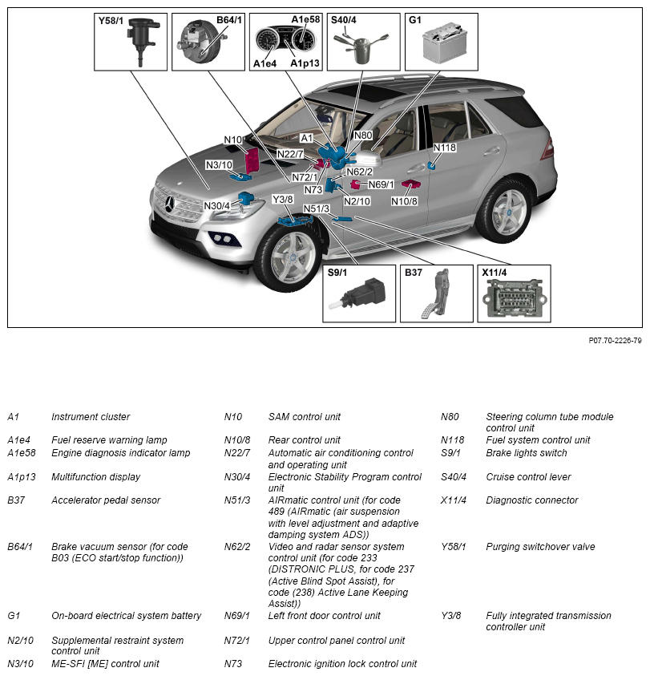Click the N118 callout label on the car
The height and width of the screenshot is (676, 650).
pos(445,148)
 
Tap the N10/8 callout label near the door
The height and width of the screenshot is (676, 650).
pos(405,200)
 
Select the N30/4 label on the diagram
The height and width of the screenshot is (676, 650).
pos(217,206)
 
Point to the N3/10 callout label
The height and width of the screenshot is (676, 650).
pos(219,165)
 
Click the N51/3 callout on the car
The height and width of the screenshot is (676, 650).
pos(317,209)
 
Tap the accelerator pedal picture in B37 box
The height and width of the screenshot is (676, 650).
pos(435,294)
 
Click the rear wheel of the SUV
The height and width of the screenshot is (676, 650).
pos(505,212)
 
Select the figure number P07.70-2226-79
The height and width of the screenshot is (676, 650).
pos(615,340)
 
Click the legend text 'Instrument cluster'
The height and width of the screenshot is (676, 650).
pos(91,417)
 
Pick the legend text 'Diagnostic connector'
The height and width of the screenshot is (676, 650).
pos(531,500)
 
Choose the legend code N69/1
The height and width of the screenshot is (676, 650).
pos(237,616)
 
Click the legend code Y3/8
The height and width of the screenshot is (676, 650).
pos(452,616)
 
